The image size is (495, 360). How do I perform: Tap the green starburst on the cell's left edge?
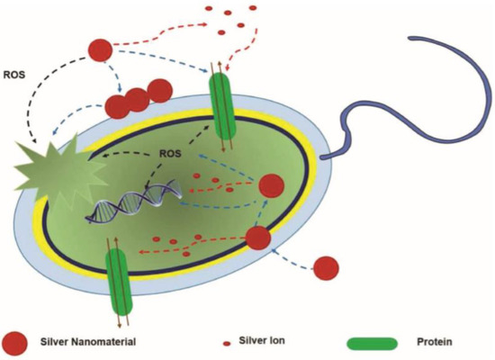point(51,167)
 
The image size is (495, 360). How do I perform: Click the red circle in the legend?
point(16,343)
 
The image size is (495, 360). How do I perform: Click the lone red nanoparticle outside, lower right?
point(326,267)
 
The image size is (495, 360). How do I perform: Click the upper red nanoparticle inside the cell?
point(271,187)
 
